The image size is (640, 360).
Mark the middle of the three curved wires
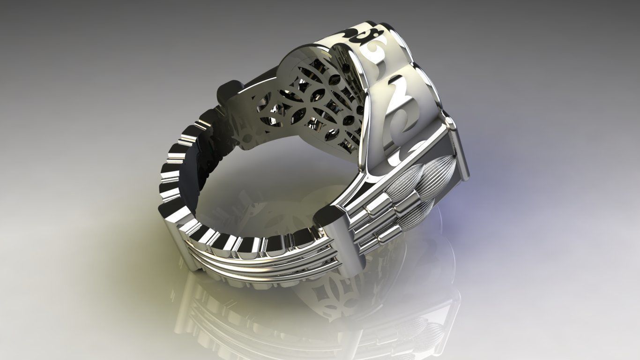click(x=262, y=260)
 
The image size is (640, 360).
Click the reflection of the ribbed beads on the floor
click(x=422, y=328)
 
